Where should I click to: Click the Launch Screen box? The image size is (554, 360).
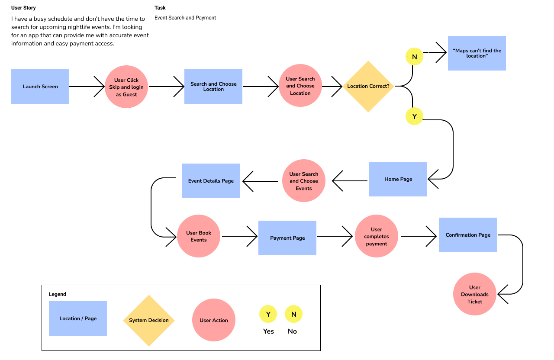tap(40, 87)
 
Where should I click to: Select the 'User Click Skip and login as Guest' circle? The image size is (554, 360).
tap(126, 87)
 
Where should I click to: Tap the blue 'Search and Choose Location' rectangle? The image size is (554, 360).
tap(213, 87)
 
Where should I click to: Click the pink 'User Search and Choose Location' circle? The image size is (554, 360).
tap(300, 86)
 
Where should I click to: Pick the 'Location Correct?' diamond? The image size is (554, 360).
tap(368, 87)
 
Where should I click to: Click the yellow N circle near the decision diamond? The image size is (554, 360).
tap(414, 57)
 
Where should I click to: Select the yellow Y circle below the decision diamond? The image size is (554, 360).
tap(414, 116)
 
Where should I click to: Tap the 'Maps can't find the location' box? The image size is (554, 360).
tap(477, 53)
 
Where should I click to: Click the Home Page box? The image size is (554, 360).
tap(398, 179)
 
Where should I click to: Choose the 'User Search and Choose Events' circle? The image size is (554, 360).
tap(304, 181)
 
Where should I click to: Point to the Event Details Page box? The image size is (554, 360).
tap(211, 181)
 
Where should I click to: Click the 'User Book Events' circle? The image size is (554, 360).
tap(199, 236)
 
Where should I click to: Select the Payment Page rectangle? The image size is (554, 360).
tap(287, 238)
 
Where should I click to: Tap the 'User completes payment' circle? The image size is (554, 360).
tap(377, 236)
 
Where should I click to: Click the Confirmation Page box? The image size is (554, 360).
tap(468, 235)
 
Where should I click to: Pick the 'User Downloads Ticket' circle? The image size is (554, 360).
tap(475, 294)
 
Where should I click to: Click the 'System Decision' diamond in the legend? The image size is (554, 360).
tap(149, 321)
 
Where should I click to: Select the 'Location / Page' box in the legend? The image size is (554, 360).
tap(78, 318)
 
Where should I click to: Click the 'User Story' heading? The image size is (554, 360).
tap(23, 8)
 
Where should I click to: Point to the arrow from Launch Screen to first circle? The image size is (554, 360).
tap(87, 87)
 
